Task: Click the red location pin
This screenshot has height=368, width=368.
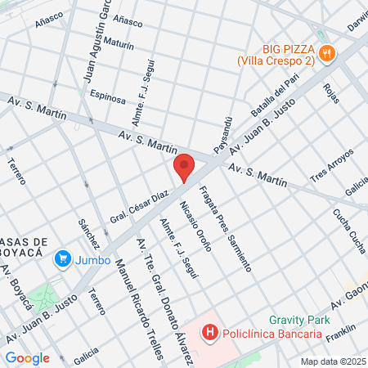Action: coord(184,167)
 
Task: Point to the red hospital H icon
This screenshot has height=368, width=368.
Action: coord(210,333)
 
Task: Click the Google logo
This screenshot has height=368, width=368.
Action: coord(27,357)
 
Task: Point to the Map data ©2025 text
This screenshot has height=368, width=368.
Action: coord(333,361)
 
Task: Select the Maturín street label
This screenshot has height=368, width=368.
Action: coord(119,47)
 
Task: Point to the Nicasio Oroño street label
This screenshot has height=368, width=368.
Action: coord(195,226)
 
